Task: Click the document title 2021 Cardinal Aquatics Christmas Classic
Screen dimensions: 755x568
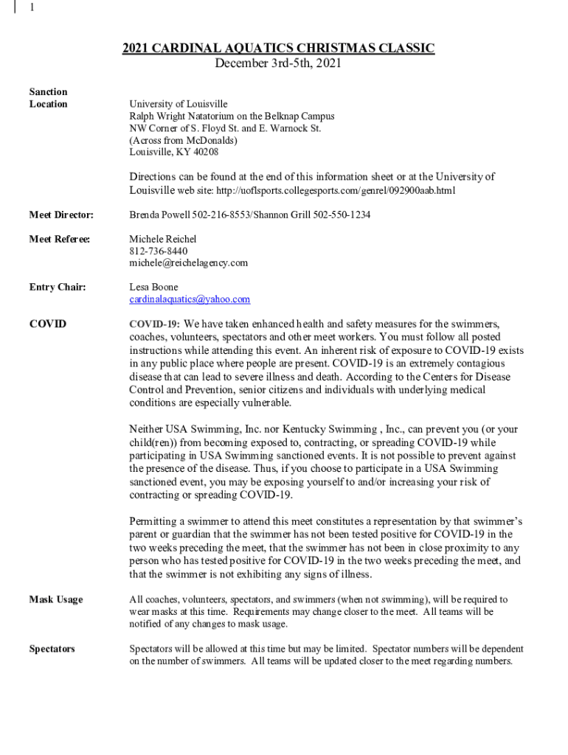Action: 278,49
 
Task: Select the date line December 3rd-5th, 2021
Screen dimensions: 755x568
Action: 278,63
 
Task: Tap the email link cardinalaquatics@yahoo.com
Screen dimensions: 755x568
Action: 190,299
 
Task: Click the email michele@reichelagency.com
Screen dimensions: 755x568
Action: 188,262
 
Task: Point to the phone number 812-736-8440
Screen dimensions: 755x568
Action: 153,251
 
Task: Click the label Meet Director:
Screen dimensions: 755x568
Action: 61,215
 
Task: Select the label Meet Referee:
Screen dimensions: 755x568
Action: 60,239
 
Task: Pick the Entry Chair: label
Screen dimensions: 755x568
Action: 58,287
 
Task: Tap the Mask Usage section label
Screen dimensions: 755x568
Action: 56,599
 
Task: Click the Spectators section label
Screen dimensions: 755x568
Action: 52,649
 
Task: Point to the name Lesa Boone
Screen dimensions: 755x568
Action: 153,287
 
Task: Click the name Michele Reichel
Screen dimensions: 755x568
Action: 163,239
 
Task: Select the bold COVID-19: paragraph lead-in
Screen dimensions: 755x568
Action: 155,324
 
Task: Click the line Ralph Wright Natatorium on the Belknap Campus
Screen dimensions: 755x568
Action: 232,116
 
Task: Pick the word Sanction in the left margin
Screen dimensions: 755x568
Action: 48,91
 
